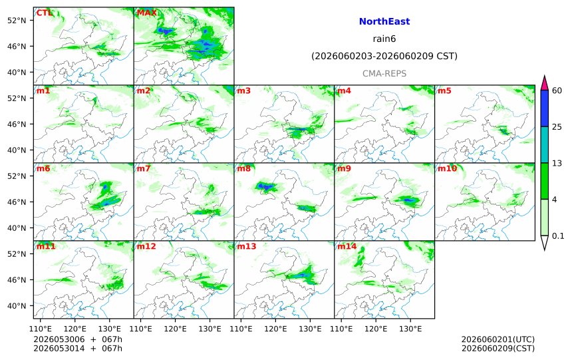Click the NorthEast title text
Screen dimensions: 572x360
[x=384, y=21]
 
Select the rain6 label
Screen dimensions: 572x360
[x=384, y=39]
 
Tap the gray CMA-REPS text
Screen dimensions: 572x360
[x=384, y=73]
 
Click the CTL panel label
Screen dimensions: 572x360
[x=44, y=13]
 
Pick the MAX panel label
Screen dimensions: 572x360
[x=146, y=13]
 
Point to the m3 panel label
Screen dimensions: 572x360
[x=244, y=90]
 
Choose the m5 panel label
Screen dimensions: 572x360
[x=445, y=90]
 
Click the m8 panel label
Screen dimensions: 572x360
[x=244, y=168]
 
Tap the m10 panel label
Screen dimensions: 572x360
[x=447, y=168]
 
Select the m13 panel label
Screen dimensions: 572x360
[x=247, y=246]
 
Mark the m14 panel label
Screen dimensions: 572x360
[x=347, y=246]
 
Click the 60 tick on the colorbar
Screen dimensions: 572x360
[x=557, y=90]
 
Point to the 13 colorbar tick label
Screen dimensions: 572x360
[x=557, y=163]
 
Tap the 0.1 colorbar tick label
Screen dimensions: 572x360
[x=558, y=236]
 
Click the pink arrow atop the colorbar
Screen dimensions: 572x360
[x=544, y=83]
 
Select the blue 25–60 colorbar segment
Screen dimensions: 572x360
[x=544, y=108]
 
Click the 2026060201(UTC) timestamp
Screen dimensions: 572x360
[x=498, y=340]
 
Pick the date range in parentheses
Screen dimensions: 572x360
[x=384, y=56]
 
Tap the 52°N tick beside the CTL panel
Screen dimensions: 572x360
[x=17, y=21]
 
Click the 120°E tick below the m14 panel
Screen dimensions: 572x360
[x=376, y=329]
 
